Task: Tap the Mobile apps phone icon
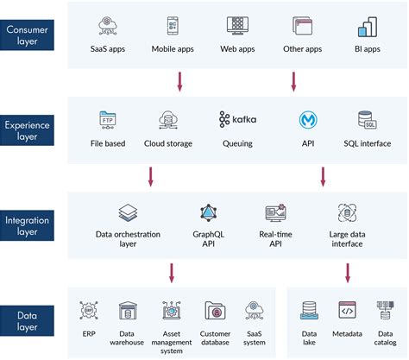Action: tap(175, 26)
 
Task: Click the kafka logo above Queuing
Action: tap(237, 118)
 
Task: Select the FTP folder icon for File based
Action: tap(109, 119)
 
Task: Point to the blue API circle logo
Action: tap(306, 119)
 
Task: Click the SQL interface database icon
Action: tap(366, 119)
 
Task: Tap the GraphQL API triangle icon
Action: tap(209, 212)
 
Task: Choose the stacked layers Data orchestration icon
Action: tap(127, 212)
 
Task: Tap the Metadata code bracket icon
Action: tap(347, 310)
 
